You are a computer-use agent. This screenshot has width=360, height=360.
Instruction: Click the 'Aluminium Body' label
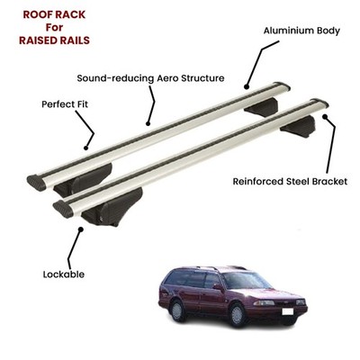[301, 31]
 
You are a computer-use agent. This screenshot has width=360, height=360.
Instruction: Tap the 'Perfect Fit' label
[65, 104]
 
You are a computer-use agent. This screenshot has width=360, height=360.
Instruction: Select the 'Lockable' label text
[64, 274]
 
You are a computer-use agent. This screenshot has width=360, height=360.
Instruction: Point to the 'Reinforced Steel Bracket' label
[290, 182]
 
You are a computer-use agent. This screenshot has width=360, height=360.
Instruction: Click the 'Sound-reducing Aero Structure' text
[150, 78]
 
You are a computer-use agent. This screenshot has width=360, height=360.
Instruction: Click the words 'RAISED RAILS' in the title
[54, 40]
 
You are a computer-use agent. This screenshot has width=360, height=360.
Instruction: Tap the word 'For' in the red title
[54, 28]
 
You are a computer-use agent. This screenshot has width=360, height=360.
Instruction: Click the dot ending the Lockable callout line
[80, 229]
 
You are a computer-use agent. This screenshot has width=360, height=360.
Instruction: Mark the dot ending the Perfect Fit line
[85, 148]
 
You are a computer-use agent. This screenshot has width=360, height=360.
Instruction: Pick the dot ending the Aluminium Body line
[247, 87]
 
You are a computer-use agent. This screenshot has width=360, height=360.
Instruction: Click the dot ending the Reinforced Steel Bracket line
[325, 116]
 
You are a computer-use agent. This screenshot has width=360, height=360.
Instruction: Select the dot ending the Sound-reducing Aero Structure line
[148, 123]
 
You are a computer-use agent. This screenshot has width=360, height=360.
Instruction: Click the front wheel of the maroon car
[238, 315]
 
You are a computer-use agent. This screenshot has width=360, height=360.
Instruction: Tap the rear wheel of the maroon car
[177, 310]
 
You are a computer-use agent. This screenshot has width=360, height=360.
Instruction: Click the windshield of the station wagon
[245, 281]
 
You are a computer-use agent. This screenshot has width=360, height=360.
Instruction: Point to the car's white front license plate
[288, 311]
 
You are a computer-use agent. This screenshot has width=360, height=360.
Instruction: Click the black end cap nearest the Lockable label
[63, 210]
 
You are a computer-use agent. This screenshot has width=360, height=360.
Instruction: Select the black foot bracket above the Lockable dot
[112, 208]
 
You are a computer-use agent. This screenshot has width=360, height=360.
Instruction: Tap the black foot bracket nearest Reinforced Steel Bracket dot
[298, 127]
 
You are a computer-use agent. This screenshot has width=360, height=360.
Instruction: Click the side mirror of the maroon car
[217, 287]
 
